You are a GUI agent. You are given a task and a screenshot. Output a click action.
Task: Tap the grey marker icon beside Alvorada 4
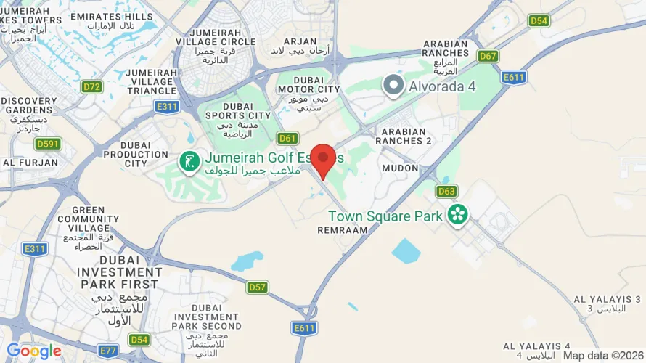click(394, 86)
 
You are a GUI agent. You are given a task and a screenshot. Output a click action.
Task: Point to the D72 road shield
click(91, 87)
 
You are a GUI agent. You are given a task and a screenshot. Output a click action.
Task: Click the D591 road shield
click(48, 144)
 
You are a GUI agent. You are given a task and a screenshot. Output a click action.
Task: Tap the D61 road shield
click(288, 138)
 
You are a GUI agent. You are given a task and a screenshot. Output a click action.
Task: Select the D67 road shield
click(488, 56)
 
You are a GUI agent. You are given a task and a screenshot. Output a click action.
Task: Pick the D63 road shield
click(447, 192)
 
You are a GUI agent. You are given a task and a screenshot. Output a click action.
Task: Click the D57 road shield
click(258, 287)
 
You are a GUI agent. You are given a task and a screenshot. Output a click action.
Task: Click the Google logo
click(34, 351)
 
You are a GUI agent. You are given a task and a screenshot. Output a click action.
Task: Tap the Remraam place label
click(343, 229)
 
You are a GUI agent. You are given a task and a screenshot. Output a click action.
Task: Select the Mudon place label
click(401, 168)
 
